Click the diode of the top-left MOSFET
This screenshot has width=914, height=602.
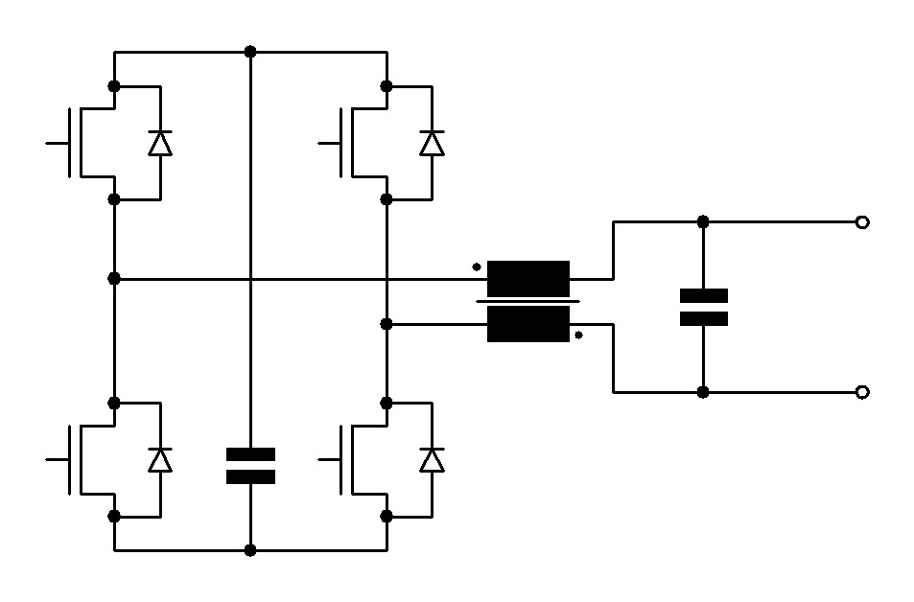click(160, 143)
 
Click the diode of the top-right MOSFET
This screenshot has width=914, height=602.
click(433, 143)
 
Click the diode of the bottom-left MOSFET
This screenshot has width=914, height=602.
click(160, 459)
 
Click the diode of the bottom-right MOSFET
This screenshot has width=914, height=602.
click(433, 459)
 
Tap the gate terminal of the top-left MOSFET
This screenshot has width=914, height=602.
click(48, 143)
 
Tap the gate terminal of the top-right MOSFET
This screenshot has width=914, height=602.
click(320, 143)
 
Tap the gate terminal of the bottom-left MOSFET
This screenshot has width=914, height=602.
click(48, 459)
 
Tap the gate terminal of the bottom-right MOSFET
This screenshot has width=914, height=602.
click(320, 459)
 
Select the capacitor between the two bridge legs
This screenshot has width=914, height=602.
click(250, 466)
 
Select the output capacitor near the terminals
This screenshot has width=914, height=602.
click(703, 307)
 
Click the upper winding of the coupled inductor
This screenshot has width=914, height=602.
click(528, 278)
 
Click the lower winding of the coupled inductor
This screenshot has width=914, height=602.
click(528, 325)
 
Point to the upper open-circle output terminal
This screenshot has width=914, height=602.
click(861, 222)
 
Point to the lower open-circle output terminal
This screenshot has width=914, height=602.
click(861, 392)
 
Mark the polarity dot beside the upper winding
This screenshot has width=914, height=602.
click(477, 267)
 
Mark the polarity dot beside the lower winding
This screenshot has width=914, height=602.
click(578, 336)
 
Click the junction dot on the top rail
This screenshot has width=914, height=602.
click(250, 51)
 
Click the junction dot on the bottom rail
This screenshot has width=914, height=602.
click(250, 550)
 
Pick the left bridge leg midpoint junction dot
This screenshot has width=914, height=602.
click(114, 278)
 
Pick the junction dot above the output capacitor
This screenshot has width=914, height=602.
click(703, 221)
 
